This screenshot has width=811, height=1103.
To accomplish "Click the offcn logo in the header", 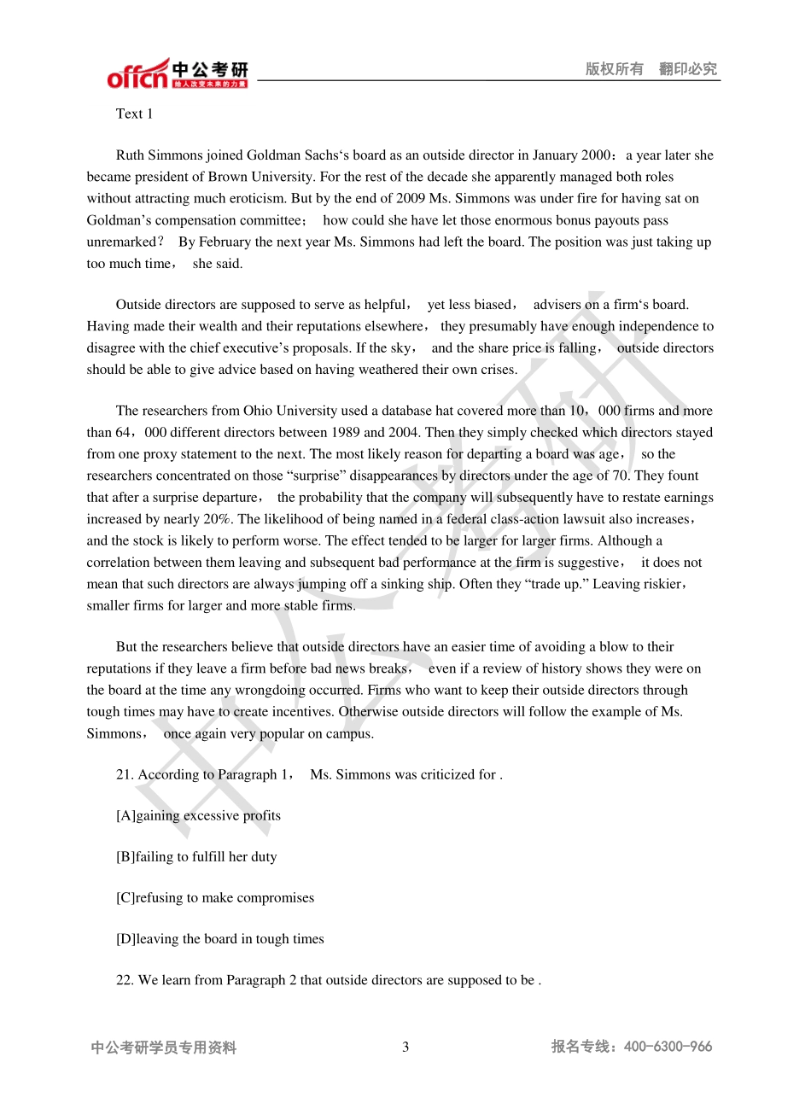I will point(137,74).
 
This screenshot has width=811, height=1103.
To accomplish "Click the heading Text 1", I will point(134,114).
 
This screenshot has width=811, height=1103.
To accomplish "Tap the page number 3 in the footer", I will point(405,1047).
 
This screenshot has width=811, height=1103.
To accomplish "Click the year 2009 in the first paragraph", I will point(411,198).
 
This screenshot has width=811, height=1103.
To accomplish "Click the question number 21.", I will point(125,774).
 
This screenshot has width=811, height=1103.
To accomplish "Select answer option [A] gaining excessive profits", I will point(198,815).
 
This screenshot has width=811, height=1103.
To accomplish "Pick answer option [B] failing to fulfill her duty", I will point(196,856).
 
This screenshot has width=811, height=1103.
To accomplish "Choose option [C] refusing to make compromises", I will point(215,897).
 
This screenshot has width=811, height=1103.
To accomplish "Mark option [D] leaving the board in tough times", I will point(220,938).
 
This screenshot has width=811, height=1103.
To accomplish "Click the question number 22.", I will point(125,980).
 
